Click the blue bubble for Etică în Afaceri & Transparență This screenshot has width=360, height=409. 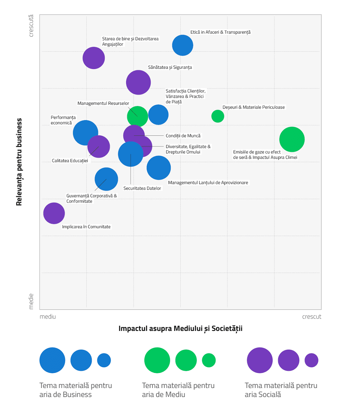pos(183,45)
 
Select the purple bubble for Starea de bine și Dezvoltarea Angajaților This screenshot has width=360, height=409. pos(94,58)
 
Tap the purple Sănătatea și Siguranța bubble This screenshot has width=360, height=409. pos(138,82)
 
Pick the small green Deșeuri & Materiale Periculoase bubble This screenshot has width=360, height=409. pos(218,116)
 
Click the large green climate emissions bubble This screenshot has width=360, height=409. pos(292,139)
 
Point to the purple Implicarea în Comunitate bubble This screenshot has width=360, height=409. pos(54,213)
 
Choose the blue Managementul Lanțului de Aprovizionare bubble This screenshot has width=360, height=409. pos(159,168)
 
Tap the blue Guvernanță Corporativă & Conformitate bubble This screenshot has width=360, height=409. pos(106,179)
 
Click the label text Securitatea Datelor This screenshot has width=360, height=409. pos(142,188)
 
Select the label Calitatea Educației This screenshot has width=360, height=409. pos(70,161)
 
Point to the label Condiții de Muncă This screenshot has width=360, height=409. pos(183,136)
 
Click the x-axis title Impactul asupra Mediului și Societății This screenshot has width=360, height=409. pos(180,329)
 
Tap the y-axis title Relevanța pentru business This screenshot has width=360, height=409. pos(19,162)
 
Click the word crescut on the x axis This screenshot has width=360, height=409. pos(312,317)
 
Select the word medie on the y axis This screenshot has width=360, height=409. pos(31,301)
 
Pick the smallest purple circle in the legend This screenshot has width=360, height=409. pos(311,360)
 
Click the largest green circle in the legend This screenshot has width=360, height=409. pos(157,360)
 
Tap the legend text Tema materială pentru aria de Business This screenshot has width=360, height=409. pos(76,390)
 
